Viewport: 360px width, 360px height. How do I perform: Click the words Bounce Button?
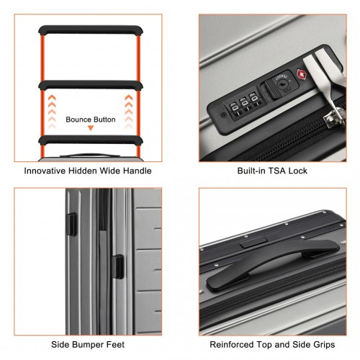(91, 120)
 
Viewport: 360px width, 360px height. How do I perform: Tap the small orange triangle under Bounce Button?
(91, 128)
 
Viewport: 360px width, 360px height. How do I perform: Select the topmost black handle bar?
(91, 30)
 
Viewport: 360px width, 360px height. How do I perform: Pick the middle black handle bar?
(91, 85)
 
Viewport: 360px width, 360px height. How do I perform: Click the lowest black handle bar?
(91, 140)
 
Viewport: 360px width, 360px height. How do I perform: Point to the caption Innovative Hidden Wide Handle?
(88, 171)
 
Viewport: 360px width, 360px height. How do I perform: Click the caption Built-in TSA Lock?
(272, 171)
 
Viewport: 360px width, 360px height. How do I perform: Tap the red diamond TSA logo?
(302, 75)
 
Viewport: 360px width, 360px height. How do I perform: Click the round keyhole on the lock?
(282, 84)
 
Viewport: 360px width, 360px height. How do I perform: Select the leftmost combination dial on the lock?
(234, 109)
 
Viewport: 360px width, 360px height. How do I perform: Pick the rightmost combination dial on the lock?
(255, 99)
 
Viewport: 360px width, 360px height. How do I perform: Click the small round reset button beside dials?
(223, 114)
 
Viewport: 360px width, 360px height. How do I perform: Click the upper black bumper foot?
(71, 224)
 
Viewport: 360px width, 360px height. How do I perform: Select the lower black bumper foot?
(118, 266)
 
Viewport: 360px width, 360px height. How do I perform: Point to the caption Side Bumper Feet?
(88, 345)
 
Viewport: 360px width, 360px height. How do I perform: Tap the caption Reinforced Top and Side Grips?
(272, 345)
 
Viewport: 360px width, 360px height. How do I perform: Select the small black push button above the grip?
(254, 243)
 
